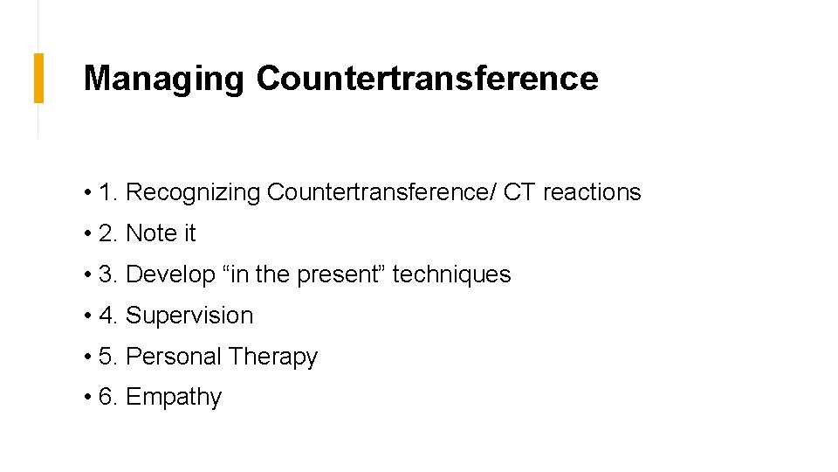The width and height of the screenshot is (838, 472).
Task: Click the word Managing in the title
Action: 163,79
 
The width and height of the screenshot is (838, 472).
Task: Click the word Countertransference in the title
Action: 427,79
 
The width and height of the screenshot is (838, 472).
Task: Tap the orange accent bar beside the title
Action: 38,78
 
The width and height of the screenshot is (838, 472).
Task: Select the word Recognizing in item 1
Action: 193,192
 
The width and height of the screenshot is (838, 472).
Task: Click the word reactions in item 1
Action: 592,192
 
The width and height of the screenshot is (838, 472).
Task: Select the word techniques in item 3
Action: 451,274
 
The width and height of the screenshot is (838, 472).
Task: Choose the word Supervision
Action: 189,316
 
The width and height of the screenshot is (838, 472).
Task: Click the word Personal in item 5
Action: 174,357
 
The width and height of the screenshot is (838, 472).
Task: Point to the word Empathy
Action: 174,398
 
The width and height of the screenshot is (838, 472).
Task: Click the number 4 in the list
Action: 106,316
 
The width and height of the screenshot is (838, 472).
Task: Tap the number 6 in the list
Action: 106,398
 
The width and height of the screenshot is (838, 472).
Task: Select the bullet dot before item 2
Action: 89,234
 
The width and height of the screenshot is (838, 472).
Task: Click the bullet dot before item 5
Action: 89,357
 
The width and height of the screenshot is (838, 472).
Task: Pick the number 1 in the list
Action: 106,192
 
